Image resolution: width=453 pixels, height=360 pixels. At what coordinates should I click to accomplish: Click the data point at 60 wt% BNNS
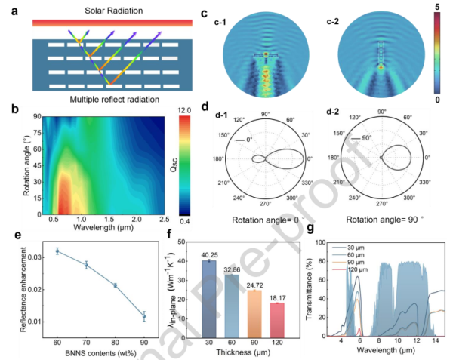pyautogui.click(x=57, y=251)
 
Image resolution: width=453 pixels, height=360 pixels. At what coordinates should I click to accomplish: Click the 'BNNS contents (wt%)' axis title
pyautogui.click(x=100, y=352)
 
